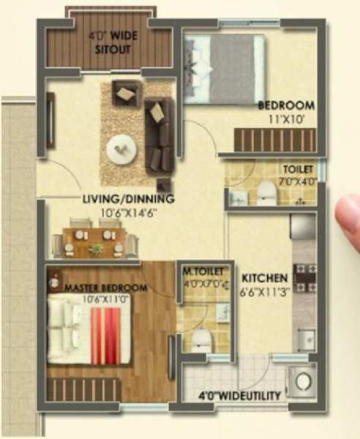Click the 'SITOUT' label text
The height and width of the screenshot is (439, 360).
[113, 50]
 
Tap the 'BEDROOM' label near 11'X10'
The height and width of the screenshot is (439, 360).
[286, 106]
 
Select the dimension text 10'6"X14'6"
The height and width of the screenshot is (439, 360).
[128, 214]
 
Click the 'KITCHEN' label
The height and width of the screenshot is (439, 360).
[265, 278]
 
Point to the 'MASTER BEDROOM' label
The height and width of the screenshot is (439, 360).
[106, 288]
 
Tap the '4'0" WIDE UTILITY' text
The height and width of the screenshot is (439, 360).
[239, 396]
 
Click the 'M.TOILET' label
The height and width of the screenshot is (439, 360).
[203, 271]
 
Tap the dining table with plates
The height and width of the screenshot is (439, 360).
[95, 242]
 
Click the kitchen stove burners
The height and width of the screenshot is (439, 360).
[304, 278]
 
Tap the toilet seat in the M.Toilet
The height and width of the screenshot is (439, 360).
[202, 339]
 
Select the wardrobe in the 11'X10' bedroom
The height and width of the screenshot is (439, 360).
[275, 140]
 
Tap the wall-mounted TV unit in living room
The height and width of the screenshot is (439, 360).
[50, 121]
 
